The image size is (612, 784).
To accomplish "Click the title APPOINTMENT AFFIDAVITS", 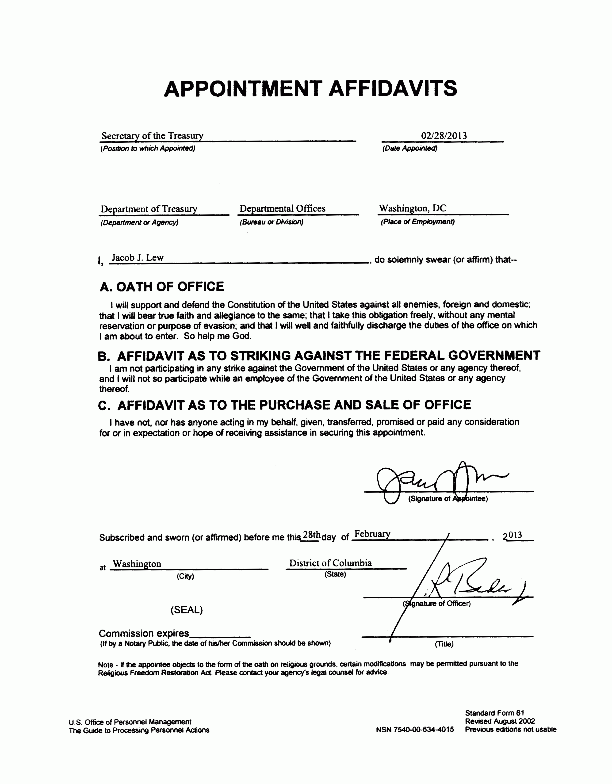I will click(x=310, y=89).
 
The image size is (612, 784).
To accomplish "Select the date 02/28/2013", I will click(x=444, y=136).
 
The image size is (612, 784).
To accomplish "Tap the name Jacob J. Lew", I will click(x=138, y=257).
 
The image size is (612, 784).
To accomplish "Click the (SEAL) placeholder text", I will click(x=186, y=610).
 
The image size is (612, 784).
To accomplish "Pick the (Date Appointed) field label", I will click(x=409, y=148).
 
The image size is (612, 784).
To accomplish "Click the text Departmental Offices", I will click(x=282, y=209).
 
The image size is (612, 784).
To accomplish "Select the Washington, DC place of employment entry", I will click(x=413, y=208).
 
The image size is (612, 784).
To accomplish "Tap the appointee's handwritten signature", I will click(x=438, y=481).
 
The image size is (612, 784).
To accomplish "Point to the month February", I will click(x=372, y=534).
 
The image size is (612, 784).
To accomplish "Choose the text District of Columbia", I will click(x=330, y=563).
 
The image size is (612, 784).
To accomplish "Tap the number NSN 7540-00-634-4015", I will click(x=415, y=729).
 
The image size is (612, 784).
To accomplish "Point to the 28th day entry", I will click(x=311, y=535).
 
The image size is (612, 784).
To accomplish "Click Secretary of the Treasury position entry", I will click(x=152, y=136).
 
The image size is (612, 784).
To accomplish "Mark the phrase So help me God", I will click(x=218, y=336).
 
